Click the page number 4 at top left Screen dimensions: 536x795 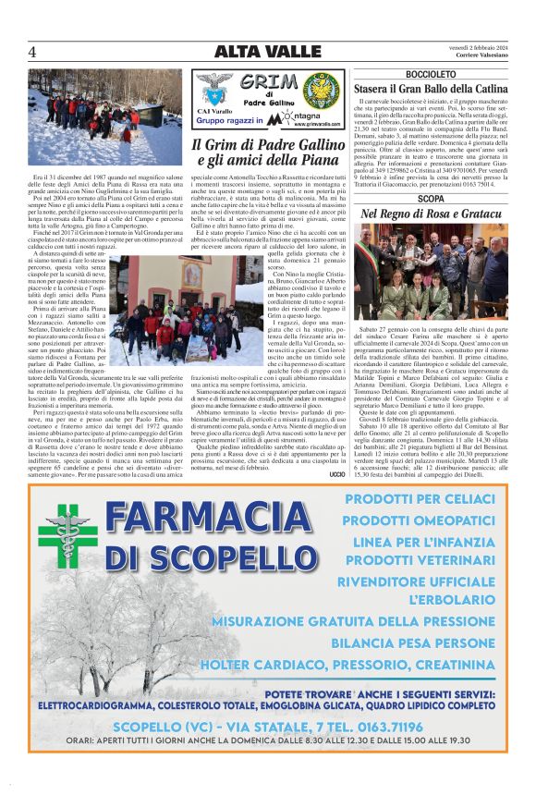32,51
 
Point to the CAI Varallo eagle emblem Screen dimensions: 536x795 214,92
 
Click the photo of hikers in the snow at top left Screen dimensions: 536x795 105,116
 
